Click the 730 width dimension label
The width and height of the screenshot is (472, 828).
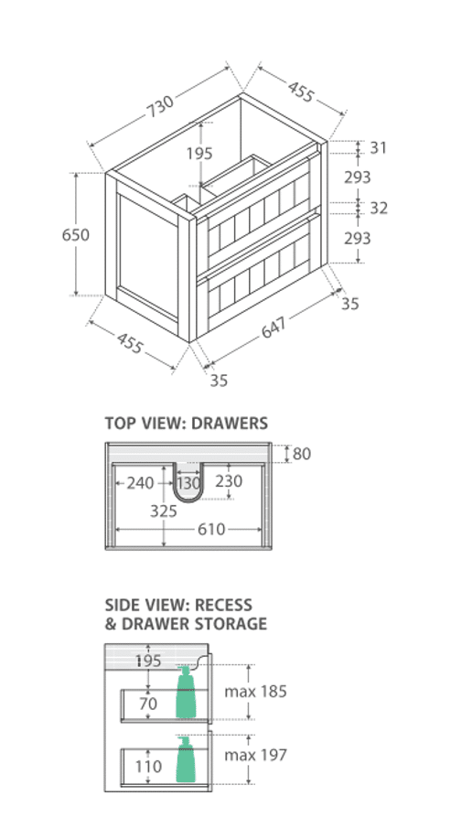pos(160,107)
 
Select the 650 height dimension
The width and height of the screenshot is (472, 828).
pos(76,234)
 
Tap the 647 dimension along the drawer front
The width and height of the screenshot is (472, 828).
pos(274,328)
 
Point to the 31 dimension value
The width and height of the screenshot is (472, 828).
pos(378,148)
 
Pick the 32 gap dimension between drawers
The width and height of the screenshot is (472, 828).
pos(379,208)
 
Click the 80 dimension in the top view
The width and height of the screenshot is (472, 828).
pos(302,454)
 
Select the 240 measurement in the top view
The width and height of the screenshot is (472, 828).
pos(140,483)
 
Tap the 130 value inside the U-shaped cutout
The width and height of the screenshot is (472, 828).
pos(188,483)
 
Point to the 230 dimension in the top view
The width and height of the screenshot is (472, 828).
pos(229,480)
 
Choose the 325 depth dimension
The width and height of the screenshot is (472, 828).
pos(164,511)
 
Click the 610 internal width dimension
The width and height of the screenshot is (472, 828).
pos(211,529)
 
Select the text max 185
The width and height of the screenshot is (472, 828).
pos(255,692)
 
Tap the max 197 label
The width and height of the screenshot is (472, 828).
pos(255,755)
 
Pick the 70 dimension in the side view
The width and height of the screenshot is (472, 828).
pos(148,704)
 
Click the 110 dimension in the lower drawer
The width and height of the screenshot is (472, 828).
pos(148,766)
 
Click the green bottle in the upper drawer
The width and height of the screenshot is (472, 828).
pos(186,693)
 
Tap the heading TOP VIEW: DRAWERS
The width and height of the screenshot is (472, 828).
pos(187,423)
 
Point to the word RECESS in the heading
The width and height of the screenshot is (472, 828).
pos(223,605)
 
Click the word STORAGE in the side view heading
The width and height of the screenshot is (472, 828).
pos(231,624)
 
